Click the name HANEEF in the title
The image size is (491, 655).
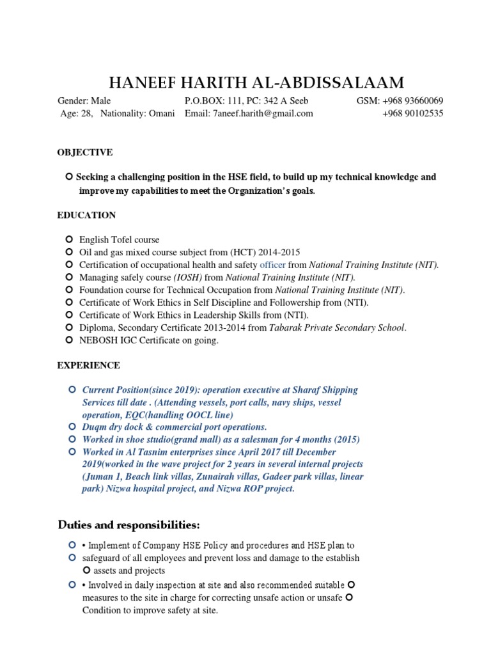coord(142,83)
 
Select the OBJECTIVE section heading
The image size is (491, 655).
coord(85,152)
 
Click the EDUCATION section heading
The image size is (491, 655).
coord(86,215)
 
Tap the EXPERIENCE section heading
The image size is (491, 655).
coord(88,365)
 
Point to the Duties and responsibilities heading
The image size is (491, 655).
coord(129,525)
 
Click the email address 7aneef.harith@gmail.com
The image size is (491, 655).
coord(262,113)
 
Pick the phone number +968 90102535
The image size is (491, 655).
coord(412,113)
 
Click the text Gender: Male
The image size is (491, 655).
coord(84,101)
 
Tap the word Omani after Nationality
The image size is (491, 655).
coord(160,113)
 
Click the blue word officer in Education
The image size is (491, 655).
coord(272,265)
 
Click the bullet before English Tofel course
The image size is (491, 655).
coord(69,239)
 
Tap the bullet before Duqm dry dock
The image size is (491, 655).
coord(72,427)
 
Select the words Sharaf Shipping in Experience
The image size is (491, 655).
coord(327,390)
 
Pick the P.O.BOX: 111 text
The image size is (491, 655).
coord(213,101)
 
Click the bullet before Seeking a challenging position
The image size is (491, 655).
coord(69,177)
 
